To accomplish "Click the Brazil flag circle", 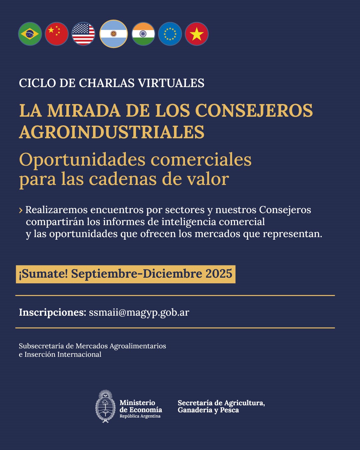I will click(30, 34).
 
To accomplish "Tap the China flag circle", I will click(57, 34).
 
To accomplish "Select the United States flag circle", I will click(83, 34).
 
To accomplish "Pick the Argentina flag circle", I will click(114, 34).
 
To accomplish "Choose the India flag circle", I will click(143, 34).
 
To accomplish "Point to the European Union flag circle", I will click(170, 34).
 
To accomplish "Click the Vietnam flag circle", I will click(197, 34).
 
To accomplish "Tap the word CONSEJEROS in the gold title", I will click(254, 111).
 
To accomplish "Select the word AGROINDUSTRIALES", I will click(112, 132).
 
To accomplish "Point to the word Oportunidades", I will click(82, 160).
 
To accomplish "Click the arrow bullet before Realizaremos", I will click(21, 210).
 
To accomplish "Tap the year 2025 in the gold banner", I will click(219, 274).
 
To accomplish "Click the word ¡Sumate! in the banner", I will click(43, 274).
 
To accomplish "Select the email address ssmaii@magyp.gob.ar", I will click(139, 312).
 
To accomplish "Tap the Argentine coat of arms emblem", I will click(106, 406).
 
